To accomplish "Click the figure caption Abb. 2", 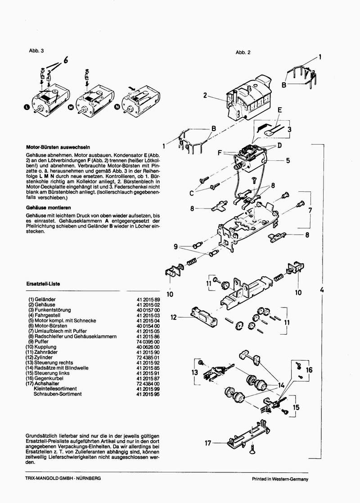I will (243, 52).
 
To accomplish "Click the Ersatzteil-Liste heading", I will (44, 284).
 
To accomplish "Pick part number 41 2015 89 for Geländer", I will (148, 299).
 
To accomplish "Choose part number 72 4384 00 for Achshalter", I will (148, 383).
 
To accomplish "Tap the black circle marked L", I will (26, 107).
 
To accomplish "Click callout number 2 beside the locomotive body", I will (205, 95).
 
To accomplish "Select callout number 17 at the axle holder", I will (207, 443).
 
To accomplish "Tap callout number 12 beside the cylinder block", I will (173, 317).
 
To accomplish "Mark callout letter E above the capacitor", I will (279, 109).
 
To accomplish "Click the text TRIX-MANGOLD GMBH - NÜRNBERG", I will (63, 478).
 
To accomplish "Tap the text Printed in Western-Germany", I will (279, 479).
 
